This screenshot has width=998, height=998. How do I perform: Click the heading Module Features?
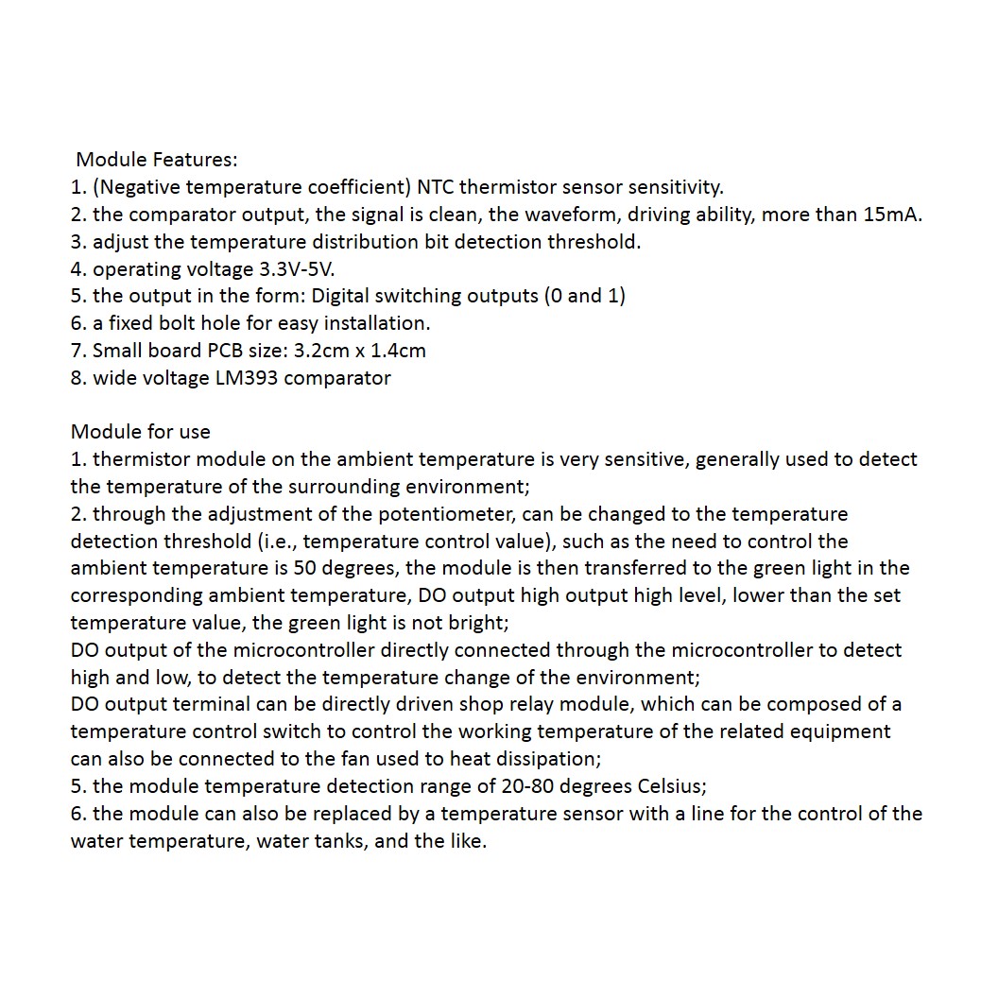point(156,160)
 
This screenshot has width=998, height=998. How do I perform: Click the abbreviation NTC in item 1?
point(435,187)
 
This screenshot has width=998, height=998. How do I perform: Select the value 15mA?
point(892,215)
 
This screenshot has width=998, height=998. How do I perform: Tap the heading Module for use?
point(141,432)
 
